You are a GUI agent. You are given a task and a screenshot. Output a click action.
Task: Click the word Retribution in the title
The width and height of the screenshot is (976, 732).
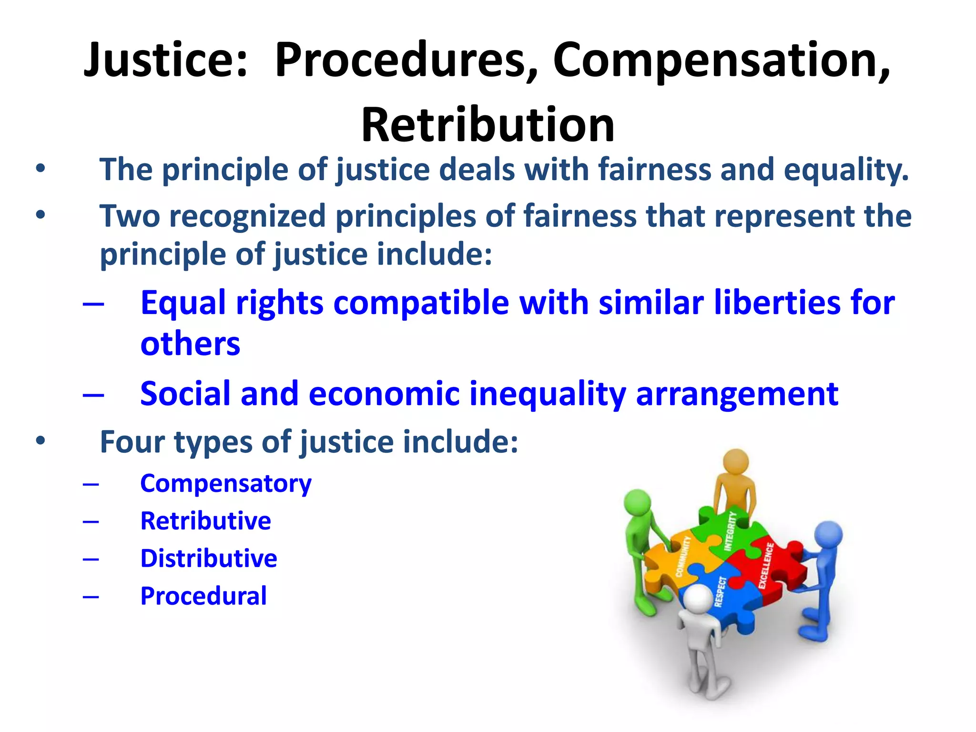click(x=488, y=125)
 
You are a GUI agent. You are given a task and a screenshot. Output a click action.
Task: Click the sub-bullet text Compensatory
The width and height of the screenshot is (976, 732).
click(x=225, y=484)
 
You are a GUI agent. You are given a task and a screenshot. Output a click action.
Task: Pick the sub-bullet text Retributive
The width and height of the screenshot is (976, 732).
click(x=205, y=521)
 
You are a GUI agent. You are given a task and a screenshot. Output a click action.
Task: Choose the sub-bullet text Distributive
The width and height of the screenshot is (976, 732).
click(x=208, y=559)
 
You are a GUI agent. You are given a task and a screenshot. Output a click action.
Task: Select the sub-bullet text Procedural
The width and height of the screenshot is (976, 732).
click(x=203, y=596)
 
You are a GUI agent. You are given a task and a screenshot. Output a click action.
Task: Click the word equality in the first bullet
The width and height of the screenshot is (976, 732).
click(x=846, y=170)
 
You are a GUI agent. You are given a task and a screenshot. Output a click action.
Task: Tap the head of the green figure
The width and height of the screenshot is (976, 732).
click(x=638, y=503)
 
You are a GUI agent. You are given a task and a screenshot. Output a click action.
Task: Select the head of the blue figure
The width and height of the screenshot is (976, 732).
click(x=828, y=535)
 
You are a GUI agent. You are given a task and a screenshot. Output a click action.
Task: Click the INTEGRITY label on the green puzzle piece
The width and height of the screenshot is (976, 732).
click(x=730, y=531)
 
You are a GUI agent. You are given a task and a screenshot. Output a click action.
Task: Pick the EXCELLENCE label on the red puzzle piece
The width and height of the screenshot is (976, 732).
click(x=766, y=566)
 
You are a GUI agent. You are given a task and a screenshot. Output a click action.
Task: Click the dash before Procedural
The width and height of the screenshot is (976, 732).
click(x=91, y=596)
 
